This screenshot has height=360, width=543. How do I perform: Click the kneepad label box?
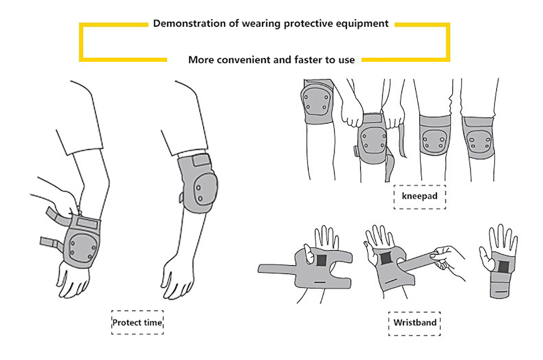tap(419, 196)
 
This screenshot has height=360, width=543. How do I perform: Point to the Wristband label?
tap(414, 323)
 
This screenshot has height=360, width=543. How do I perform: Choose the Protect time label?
tap(137, 323)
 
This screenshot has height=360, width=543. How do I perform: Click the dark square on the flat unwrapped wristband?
tap(321, 260)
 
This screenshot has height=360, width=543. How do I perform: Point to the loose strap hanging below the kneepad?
tap(390, 166)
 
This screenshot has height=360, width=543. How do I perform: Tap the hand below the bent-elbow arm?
tap(176, 278)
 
